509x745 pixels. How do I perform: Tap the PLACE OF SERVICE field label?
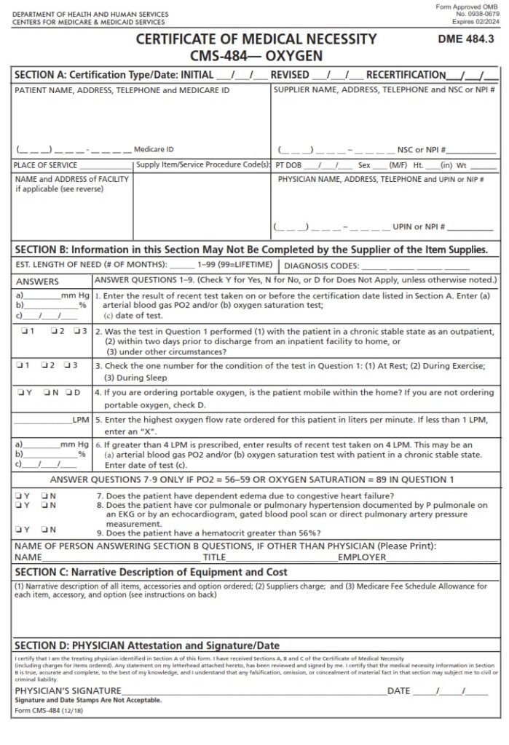click(x=45, y=165)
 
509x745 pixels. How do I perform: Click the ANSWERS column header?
click(x=37, y=282)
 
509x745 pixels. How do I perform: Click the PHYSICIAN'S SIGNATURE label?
click(x=68, y=690)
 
